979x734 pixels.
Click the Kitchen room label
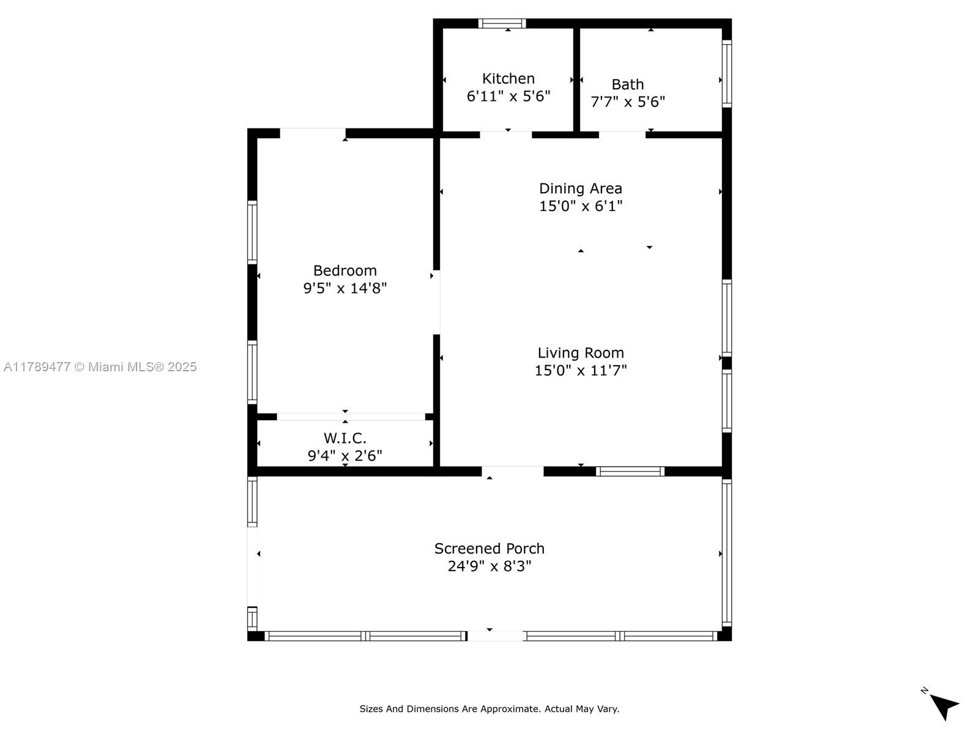coord(508,79)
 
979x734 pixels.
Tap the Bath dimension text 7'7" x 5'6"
coord(628,102)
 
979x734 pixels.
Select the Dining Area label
coord(580,188)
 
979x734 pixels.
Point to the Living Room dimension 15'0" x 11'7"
coord(580,370)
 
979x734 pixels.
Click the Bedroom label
coord(344,270)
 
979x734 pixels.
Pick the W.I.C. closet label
coord(344,438)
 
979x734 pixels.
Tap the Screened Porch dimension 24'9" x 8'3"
coord(489,566)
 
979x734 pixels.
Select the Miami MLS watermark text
coord(100,367)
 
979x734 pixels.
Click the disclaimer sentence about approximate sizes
coord(489,709)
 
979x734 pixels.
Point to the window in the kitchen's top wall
coord(502,24)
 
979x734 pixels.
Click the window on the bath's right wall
coord(726,74)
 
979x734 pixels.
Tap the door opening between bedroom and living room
coord(436,302)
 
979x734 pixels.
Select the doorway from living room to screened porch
coord(513,471)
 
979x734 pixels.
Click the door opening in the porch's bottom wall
coord(494,636)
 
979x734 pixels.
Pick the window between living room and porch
coord(630,471)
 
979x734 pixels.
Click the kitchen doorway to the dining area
coord(506,135)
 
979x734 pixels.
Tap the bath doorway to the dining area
coord(622,135)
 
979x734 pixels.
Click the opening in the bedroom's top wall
coord(313,133)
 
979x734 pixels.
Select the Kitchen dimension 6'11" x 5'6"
coord(508,96)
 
